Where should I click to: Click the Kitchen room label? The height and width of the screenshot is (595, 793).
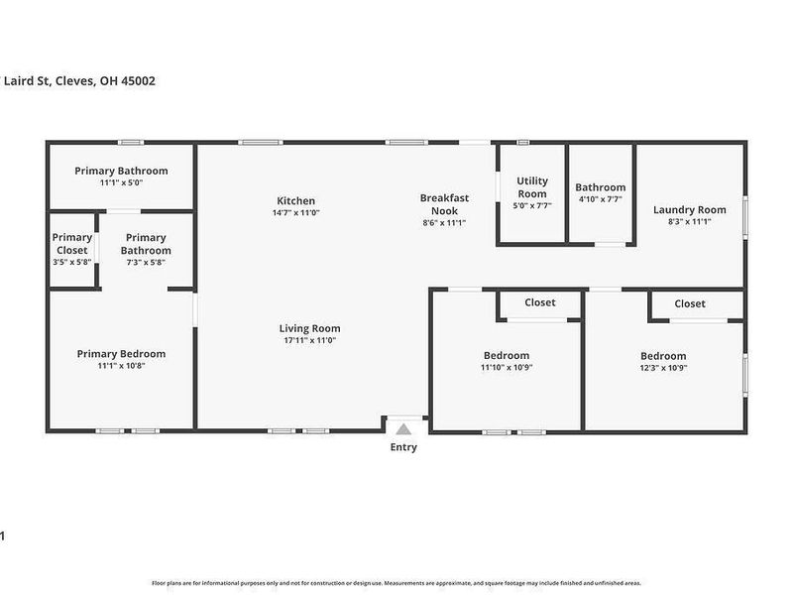[x=295, y=200]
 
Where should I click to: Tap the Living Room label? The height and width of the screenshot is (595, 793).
[x=309, y=328]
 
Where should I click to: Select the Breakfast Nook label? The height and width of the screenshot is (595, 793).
[x=443, y=204]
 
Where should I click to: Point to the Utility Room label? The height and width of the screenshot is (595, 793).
[x=531, y=186]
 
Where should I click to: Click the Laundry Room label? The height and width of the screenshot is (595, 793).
[x=689, y=209]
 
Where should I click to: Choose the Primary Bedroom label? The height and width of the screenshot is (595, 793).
[x=121, y=353]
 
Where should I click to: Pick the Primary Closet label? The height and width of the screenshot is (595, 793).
[x=71, y=244]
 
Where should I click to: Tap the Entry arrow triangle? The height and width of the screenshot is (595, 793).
[x=403, y=429]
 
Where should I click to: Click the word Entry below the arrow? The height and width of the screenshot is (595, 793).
[x=403, y=447]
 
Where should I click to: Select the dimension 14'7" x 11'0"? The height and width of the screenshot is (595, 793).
[x=295, y=213]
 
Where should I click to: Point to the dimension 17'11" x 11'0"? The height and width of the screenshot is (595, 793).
[x=309, y=341]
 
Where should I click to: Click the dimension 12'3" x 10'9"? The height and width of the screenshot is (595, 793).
[x=663, y=368]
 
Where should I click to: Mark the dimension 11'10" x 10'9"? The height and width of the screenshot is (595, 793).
[x=507, y=368]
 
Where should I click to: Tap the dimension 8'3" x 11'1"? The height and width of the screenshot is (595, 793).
[x=689, y=222]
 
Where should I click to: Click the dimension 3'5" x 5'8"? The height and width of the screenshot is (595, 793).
[x=71, y=263]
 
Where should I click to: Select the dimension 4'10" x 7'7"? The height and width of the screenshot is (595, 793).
[x=600, y=199]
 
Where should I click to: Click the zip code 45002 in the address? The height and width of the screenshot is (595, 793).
[x=136, y=81]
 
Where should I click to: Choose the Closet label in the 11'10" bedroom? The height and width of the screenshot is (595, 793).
[x=539, y=302]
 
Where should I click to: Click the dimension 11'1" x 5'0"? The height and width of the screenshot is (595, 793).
[x=121, y=183]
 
